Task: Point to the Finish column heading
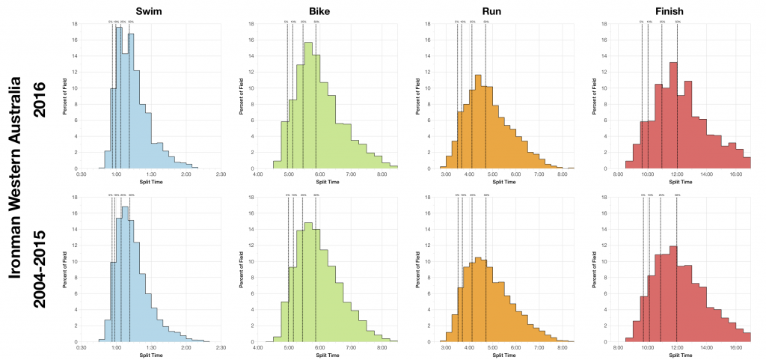tap(680, 10)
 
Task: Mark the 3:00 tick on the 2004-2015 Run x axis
tap(446, 348)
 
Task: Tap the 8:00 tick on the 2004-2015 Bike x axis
tap(382, 348)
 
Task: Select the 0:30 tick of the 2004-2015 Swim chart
tap(82, 348)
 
